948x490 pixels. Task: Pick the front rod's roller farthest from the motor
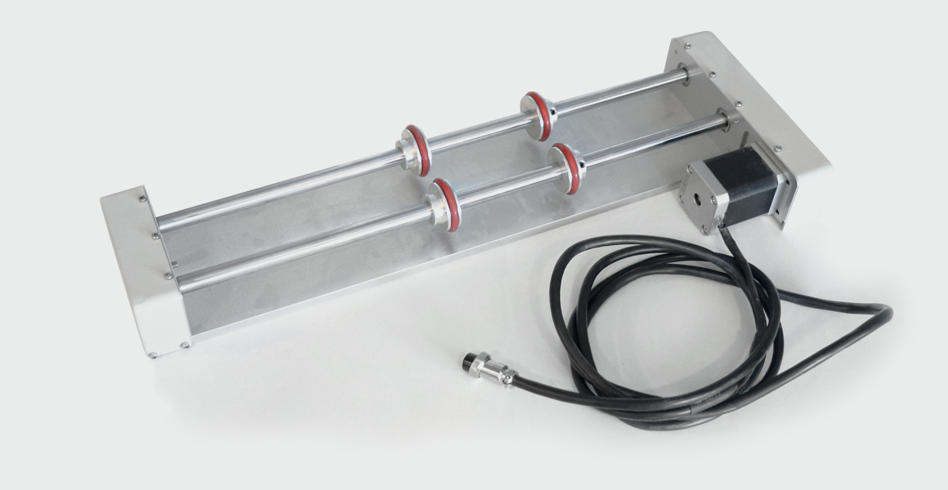445,204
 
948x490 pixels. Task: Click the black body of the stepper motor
748,186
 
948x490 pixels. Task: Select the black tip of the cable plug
468,361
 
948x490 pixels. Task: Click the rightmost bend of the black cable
889,312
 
